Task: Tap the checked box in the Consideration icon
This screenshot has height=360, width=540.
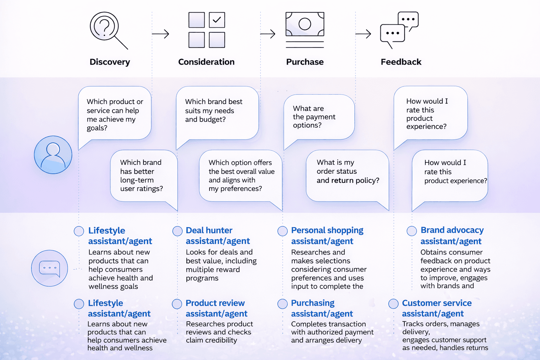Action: (x=217, y=20)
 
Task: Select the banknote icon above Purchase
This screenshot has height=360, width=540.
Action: (x=305, y=24)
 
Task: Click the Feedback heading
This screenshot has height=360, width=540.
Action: (x=401, y=62)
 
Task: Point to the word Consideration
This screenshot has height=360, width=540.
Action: (x=206, y=62)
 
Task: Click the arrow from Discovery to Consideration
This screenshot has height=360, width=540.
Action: (x=160, y=34)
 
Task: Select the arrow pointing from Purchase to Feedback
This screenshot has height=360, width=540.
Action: (x=363, y=34)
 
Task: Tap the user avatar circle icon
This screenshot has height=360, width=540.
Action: (x=53, y=155)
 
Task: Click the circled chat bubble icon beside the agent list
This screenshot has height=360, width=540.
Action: (x=50, y=268)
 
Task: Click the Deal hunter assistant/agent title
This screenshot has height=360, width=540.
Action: (x=218, y=236)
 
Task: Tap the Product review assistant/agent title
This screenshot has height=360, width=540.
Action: (x=217, y=308)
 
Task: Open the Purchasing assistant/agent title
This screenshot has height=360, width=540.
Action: (x=322, y=308)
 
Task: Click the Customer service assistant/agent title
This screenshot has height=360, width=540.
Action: (x=437, y=308)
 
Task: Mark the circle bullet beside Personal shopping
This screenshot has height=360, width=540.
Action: (x=283, y=231)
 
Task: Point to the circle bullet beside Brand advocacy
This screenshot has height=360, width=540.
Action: (x=412, y=231)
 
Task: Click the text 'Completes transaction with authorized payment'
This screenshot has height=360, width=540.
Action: (x=333, y=328)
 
